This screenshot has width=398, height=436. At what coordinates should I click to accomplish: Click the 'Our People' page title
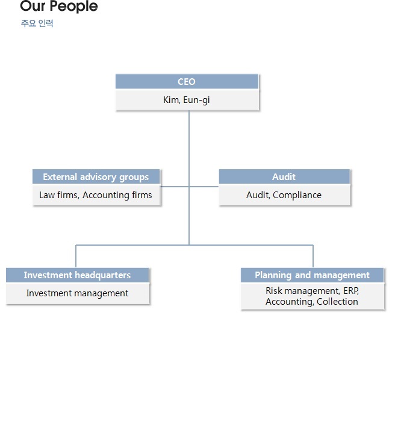click(x=59, y=6)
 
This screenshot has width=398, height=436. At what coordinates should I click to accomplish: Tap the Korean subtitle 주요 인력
click(x=37, y=23)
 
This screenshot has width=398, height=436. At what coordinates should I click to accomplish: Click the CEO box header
click(x=187, y=81)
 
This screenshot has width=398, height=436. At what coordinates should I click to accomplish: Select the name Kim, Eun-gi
click(x=187, y=100)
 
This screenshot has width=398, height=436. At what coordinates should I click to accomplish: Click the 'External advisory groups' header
click(x=96, y=177)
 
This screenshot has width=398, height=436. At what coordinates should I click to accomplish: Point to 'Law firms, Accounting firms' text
click(x=96, y=195)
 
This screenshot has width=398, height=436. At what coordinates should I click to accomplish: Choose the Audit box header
click(x=284, y=176)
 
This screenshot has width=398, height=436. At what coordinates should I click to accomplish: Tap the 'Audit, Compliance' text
click(x=284, y=195)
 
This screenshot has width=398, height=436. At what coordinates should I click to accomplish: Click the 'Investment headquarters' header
click(x=77, y=275)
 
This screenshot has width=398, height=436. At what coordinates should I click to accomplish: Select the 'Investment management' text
click(x=77, y=293)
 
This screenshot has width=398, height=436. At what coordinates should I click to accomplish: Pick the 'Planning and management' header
click(x=312, y=275)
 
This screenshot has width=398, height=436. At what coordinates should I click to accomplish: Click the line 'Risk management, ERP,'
click(x=312, y=291)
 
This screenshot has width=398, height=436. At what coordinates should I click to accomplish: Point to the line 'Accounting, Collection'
click(x=312, y=302)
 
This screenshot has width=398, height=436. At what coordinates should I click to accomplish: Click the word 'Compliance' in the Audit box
click(x=297, y=195)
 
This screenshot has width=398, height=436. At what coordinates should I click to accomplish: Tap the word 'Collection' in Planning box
click(x=337, y=302)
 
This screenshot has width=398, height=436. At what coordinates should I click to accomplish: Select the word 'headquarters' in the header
click(x=103, y=275)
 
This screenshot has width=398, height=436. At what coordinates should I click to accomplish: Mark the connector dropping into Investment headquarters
click(x=76, y=256)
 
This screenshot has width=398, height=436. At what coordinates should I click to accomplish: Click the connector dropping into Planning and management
click(x=313, y=256)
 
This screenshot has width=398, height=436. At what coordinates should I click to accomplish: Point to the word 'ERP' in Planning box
click(x=351, y=291)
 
